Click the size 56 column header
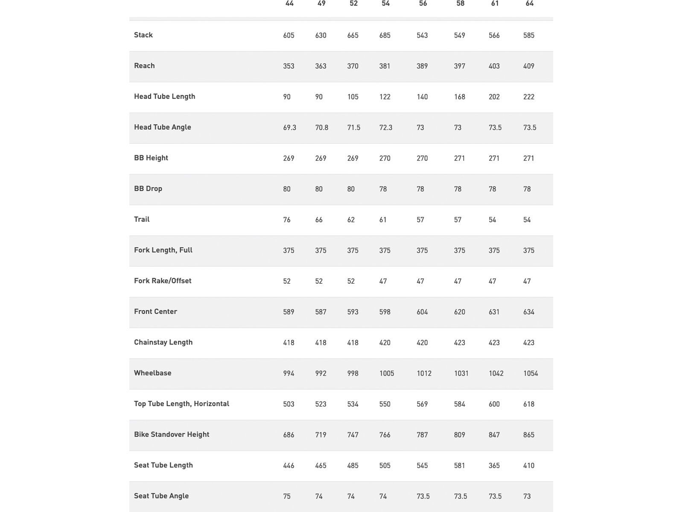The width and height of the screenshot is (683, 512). click(x=423, y=4)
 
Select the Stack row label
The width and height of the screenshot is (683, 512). click(x=143, y=35)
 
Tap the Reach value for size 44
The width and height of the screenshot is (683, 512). click(x=289, y=66)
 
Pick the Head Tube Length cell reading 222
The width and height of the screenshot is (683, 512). click(x=528, y=97)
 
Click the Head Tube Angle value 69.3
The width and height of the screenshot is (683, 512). click(x=289, y=128)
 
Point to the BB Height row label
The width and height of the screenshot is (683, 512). click(x=151, y=158)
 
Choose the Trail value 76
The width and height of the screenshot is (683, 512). click(x=287, y=220)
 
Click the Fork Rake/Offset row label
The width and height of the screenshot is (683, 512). click(x=163, y=281)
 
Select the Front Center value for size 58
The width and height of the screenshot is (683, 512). click(x=459, y=312)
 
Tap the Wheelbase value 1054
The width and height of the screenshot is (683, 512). click(x=531, y=373)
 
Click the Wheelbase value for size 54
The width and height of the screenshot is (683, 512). click(x=387, y=373)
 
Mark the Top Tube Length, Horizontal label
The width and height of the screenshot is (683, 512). click(x=181, y=404)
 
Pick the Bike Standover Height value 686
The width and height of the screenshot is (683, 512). click(x=289, y=435)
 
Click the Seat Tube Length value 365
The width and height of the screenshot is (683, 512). click(x=494, y=465)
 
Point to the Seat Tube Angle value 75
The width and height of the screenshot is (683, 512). click(x=287, y=496)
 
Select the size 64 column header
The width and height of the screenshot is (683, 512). click(x=529, y=4)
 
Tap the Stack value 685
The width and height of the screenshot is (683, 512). click(x=385, y=35)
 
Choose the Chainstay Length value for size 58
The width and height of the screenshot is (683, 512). click(x=459, y=343)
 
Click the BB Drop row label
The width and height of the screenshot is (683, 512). click(x=148, y=189)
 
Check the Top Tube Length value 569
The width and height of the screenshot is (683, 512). click(x=422, y=404)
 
